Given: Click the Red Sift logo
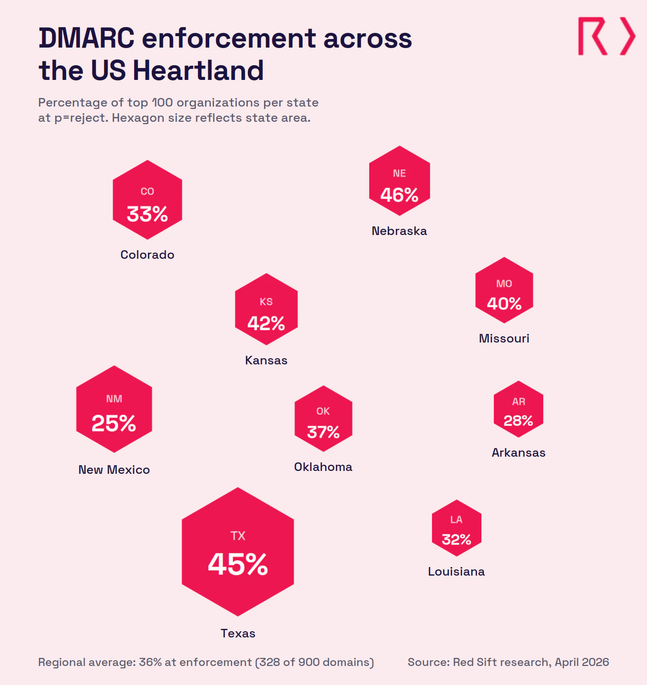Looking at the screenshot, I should point(606,37).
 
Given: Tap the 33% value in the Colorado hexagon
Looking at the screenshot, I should point(147,214).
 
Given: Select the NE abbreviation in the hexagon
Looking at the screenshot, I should point(399,174).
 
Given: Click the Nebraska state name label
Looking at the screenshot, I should point(399,231).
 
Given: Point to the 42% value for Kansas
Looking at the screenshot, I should point(266,324).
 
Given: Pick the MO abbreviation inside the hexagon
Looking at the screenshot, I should point(504,284).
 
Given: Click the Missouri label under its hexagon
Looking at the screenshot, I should point(504,339).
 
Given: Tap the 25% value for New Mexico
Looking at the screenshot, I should point(114,423).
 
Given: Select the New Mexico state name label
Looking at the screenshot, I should point(114,470).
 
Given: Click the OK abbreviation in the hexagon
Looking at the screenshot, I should point(323,411).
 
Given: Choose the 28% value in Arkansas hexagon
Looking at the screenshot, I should point(518,421).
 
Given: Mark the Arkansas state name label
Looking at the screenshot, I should point(518,453).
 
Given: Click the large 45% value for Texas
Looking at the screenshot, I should point(238,565).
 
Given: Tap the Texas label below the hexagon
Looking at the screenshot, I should point(238,634).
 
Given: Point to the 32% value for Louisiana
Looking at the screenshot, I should point(456,540).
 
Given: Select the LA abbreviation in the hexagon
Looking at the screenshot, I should point(456,520).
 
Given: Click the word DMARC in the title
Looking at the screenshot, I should point(87,39).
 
